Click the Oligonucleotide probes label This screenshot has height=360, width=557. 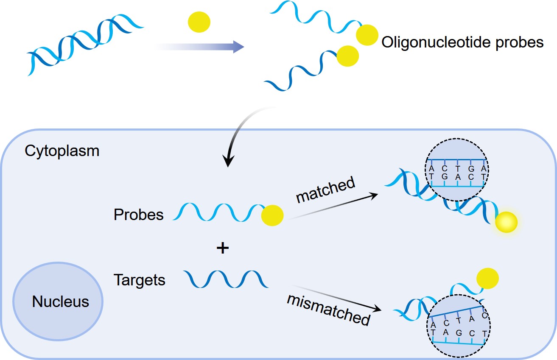[462, 42]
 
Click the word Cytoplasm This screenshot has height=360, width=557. [62, 151]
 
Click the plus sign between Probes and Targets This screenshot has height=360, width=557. [222, 248]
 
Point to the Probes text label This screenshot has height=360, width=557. [138, 215]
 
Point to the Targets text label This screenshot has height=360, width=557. [139, 280]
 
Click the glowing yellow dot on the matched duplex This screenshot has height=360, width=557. [506, 221]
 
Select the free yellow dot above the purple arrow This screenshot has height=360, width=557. [199, 22]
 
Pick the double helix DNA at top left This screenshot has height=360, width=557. [85, 47]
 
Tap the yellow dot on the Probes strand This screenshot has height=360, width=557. [272, 215]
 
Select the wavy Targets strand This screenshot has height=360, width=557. [226, 279]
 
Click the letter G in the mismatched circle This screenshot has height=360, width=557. [459, 333]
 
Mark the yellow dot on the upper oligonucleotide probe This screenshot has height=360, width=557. [367, 35]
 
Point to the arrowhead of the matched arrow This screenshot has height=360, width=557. [375, 194]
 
